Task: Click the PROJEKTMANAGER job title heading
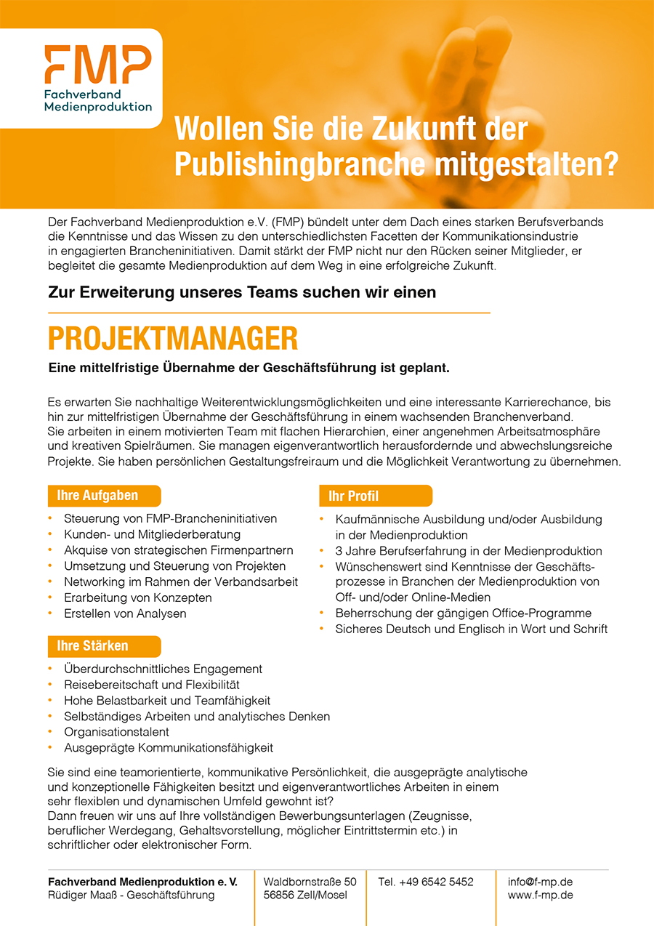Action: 173,339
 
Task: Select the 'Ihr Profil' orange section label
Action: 354,496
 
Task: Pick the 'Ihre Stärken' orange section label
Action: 92,645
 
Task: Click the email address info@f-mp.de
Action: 539,882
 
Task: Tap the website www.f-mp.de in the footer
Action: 540,895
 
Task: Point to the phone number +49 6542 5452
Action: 425,882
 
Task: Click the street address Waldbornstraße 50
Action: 310,882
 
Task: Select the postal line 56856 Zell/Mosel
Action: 305,895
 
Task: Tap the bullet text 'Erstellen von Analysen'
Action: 125,613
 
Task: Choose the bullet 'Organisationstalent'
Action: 116,732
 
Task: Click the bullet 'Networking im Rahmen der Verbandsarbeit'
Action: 180,581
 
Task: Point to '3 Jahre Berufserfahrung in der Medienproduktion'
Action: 468,551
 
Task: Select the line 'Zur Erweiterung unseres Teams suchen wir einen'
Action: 242,292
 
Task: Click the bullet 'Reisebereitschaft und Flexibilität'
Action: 151,685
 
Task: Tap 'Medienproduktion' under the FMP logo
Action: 98,106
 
